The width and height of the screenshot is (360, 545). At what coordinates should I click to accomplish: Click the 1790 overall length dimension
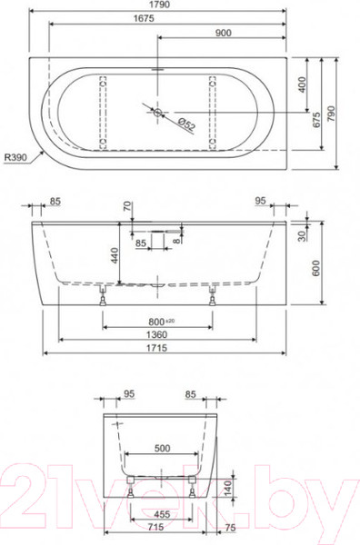161,5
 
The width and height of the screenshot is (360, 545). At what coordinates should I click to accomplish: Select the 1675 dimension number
144,18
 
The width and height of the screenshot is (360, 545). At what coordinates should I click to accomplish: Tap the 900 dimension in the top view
224,33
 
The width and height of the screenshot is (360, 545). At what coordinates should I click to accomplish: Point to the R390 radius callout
15,158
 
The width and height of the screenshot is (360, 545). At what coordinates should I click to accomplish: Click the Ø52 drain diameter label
186,124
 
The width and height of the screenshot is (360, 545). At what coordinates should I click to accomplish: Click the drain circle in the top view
158,113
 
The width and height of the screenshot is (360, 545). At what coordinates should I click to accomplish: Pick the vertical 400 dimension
302,84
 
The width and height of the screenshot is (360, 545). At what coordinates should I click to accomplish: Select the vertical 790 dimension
331,114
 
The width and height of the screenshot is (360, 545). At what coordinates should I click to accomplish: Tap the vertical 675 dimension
316,120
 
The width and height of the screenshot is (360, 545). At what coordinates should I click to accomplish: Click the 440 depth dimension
115,255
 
